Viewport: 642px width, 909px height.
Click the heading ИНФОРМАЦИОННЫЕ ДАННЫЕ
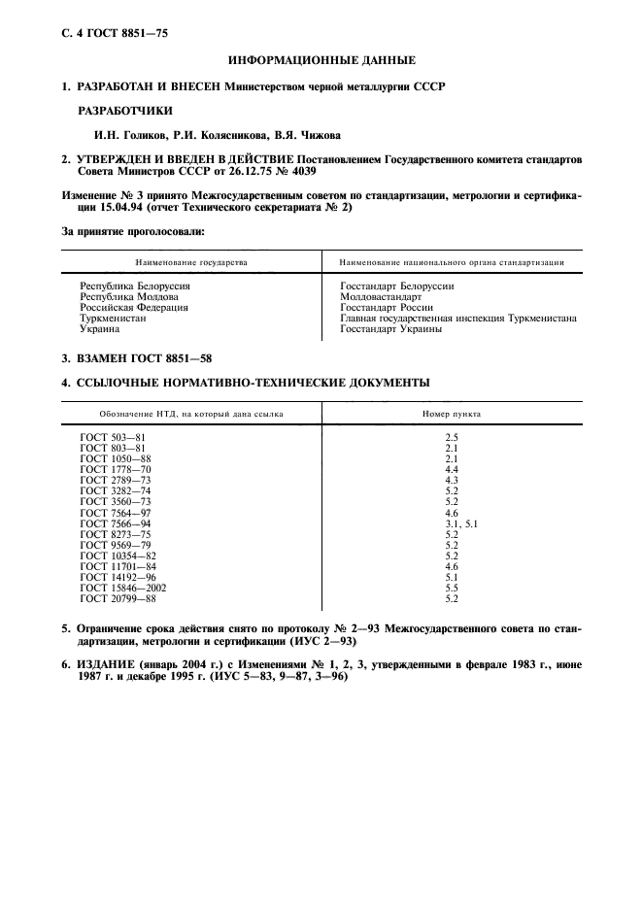pyautogui.click(x=321, y=60)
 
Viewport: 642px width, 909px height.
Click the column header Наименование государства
pyautogui.click(x=191, y=262)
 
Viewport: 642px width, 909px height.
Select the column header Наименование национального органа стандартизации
pyautogui.click(x=453, y=262)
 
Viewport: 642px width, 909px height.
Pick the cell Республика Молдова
pyautogui.click(x=128, y=296)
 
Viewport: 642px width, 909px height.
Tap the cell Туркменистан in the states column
pyautogui.click(x=113, y=318)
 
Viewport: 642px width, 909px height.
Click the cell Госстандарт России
pyautogui.click(x=386, y=307)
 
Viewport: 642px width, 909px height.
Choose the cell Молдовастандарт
pyautogui.click(x=381, y=296)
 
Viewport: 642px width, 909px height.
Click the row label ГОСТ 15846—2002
pyautogui.click(x=120, y=588)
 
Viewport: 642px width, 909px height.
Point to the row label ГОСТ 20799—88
pyautogui.click(x=117, y=598)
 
